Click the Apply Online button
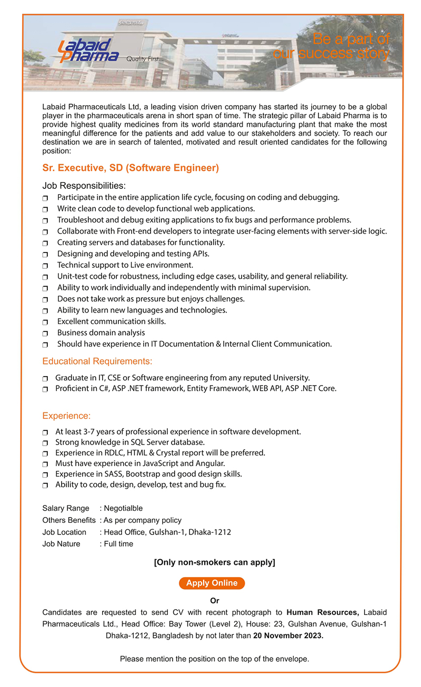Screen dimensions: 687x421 tap(212, 583)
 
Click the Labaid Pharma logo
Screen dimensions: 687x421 tap(88, 51)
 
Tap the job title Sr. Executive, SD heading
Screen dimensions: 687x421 tap(130, 168)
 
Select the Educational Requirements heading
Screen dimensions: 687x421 tap(97, 361)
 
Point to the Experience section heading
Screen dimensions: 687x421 tap(66, 416)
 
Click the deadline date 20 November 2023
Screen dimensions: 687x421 tap(288, 635)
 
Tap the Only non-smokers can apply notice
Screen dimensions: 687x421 tap(214, 562)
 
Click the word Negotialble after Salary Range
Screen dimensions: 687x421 tap(123, 508)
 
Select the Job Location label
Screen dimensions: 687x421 tap(64, 532)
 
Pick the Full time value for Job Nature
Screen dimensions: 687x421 tap(118, 544)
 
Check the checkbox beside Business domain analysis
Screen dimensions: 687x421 tap(45, 334)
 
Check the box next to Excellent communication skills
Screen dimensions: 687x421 tap(45, 322)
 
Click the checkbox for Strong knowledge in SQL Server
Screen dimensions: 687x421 tap(45, 443)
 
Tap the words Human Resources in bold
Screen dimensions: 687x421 tap(323, 612)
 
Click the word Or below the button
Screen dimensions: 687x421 tap(214, 601)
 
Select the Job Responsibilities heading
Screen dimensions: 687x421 tap(84, 186)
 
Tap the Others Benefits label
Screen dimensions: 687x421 tap(69, 520)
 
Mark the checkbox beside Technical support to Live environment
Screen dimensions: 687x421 tap(45, 266)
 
